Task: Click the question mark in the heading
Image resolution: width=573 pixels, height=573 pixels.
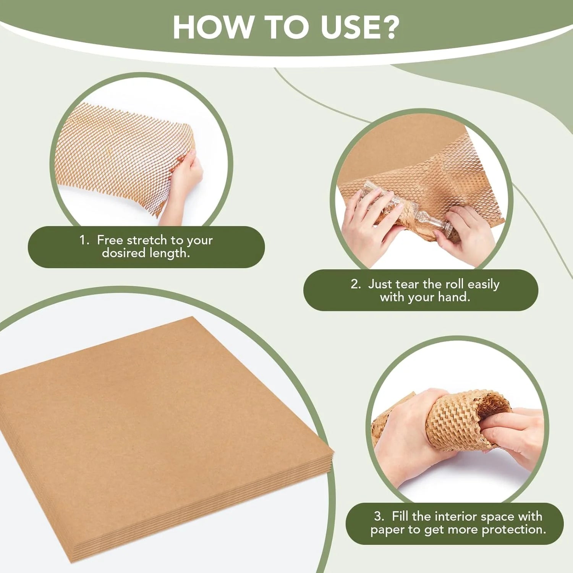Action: click(387, 27)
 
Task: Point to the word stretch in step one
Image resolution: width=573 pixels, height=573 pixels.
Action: click(147, 240)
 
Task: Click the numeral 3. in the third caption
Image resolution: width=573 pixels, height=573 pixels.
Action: click(379, 516)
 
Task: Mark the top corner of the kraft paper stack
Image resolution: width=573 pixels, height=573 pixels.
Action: click(192, 317)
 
